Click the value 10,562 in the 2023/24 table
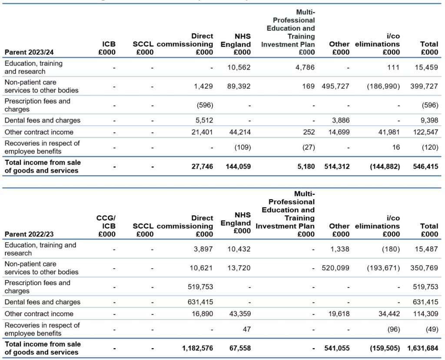pos(239,67)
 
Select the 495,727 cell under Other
pos(335,87)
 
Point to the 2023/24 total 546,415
pos(425,167)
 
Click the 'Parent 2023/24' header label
pos(29,52)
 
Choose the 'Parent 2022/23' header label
pos(29,234)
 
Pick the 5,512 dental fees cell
pos(204,120)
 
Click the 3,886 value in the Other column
pos(341,120)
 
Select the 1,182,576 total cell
pos(198,348)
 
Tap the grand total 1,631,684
pos(423,348)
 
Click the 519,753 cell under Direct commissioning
pos(200,287)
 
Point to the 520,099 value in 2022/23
pos(335,268)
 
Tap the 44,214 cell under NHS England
pos(239,132)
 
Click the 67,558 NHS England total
pos(240,348)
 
